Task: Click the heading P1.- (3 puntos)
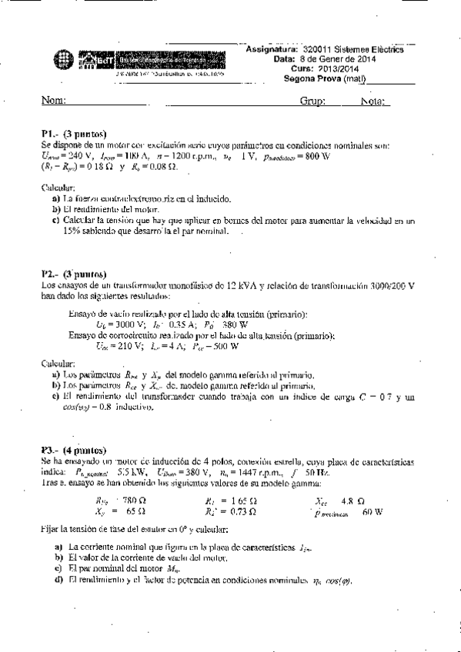(74, 133)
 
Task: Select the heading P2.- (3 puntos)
(74, 274)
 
